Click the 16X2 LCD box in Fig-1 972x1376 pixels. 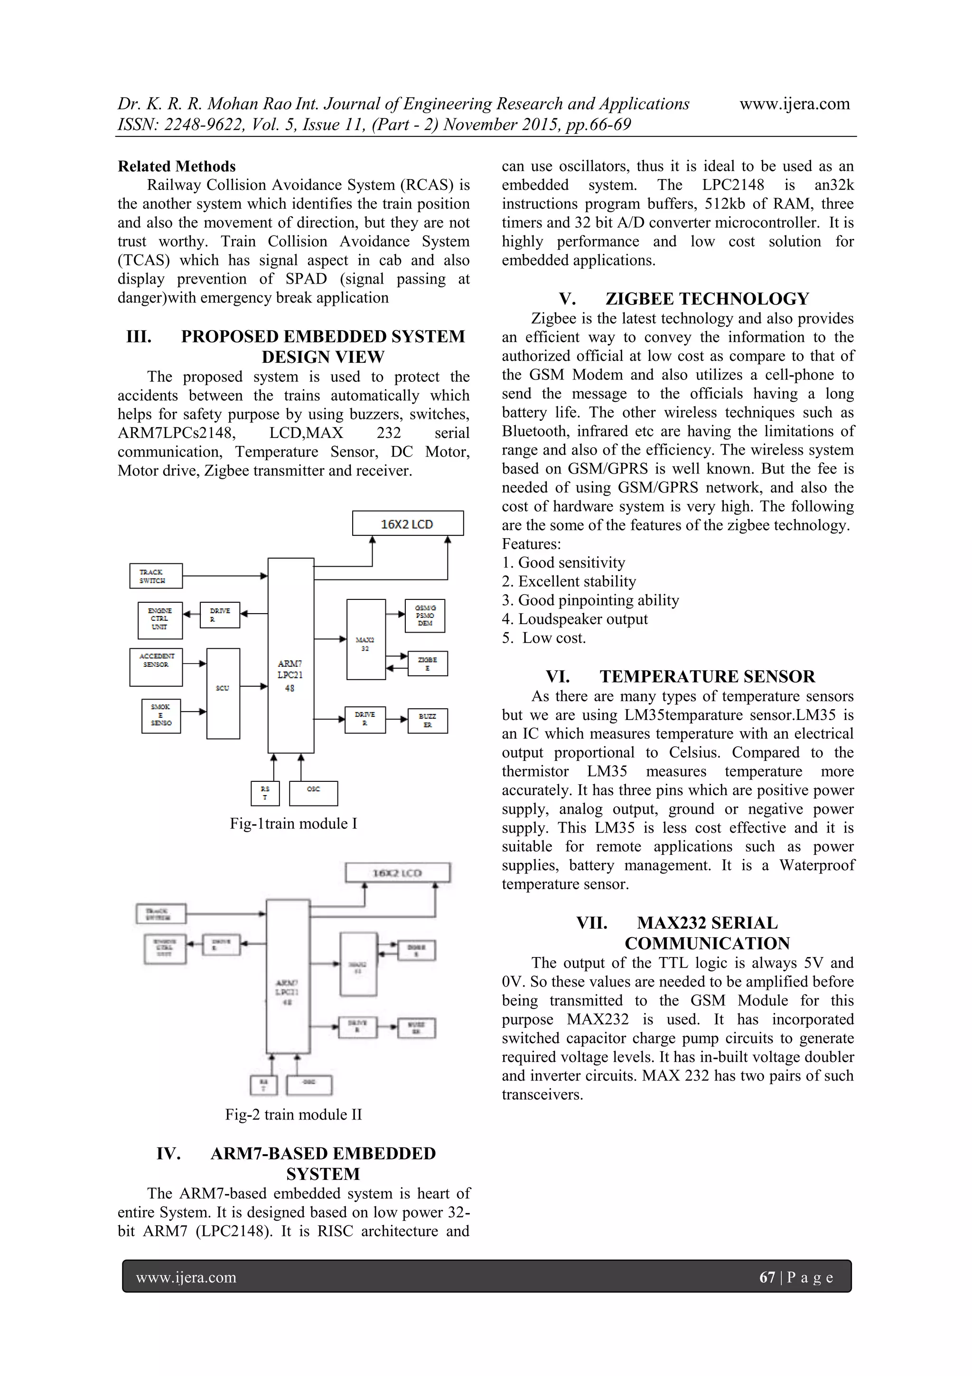point(407,523)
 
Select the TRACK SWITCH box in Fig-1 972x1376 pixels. point(156,576)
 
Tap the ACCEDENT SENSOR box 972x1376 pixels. point(156,666)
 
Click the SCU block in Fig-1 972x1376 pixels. point(223,693)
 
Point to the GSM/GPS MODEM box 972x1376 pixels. point(425,616)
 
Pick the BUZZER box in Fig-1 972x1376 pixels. point(427,721)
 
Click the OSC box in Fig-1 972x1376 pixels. point(313,793)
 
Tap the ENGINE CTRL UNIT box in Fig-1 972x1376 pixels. point(159,620)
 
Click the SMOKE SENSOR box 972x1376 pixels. point(161,716)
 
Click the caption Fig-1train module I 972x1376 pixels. point(293,824)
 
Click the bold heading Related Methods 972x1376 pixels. point(177,166)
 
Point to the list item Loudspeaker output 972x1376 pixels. point(582,618)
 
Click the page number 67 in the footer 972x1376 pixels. point(766,1277)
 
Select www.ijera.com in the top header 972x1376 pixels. point(794,104)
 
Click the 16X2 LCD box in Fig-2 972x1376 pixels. point(397,873)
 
